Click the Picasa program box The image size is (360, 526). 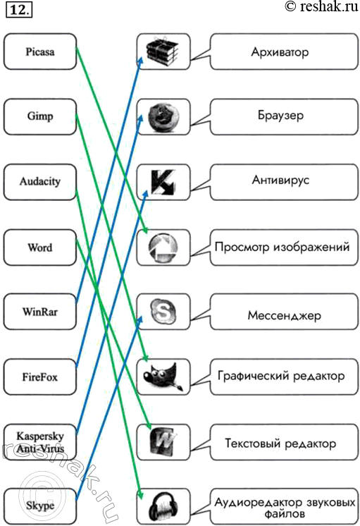(x=40, y=51)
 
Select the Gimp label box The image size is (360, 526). (x=40, y=117)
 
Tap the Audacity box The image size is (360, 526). (x=40, y=182)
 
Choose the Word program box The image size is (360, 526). (x=40, y=247)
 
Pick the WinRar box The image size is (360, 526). (x=40, y=312)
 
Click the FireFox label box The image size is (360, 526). (x=40, y=377)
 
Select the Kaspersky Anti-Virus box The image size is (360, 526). (x=40, y=442)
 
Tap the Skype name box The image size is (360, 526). (x=40, y=506)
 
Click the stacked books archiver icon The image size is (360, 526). (x=163, y=51)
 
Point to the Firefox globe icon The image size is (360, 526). (x=163, y=117)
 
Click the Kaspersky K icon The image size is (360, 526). (x=163, y=182)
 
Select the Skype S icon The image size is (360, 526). (x=163, y=312)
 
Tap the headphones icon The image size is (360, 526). (x=163, y=508)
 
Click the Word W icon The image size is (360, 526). (x=163, y=442)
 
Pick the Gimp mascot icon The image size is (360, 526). (x=163, y=377)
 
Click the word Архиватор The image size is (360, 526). (x=280, y=52)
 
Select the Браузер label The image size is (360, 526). (x=280, y=116)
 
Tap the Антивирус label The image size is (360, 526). (x=280, y=180)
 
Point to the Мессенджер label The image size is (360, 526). (x=284, y=316)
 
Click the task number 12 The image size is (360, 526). (x=19, y=10)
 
